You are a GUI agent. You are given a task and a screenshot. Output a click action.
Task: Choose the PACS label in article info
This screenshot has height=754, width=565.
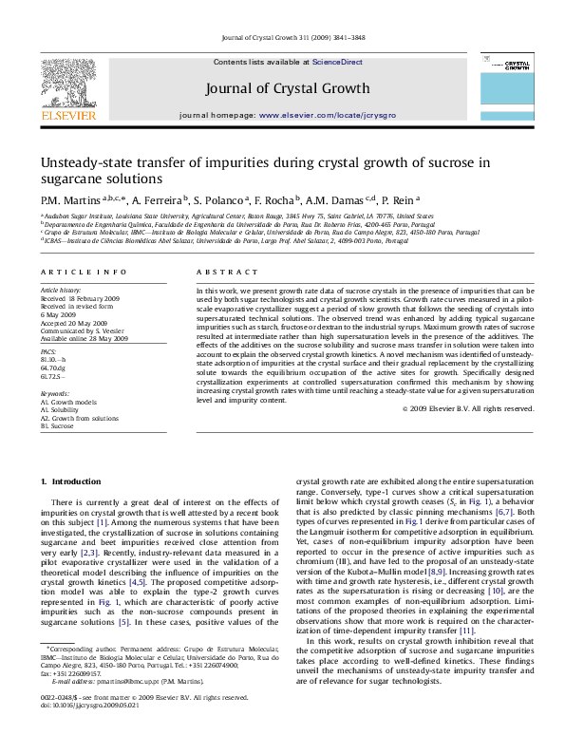[x=48, y=352]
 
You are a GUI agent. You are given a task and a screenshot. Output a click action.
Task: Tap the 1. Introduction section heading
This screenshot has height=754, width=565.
[x=69, y=483]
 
